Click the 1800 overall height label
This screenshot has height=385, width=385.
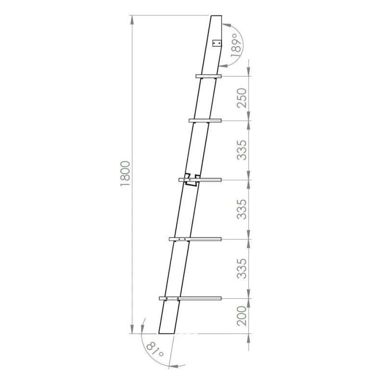[125, 173]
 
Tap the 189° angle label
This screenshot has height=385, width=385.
[236, 45]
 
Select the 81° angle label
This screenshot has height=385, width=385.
[155, 350]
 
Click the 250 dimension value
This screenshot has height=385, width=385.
[242, 98]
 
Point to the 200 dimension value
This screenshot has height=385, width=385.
[242, 316]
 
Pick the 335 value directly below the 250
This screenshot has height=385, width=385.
[242, 150]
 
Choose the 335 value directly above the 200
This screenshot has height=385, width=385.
[242, 269]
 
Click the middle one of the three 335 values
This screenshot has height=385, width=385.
[242, 209]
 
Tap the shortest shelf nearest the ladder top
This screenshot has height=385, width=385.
[208, 76]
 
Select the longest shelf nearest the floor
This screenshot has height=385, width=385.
[190, 298]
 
